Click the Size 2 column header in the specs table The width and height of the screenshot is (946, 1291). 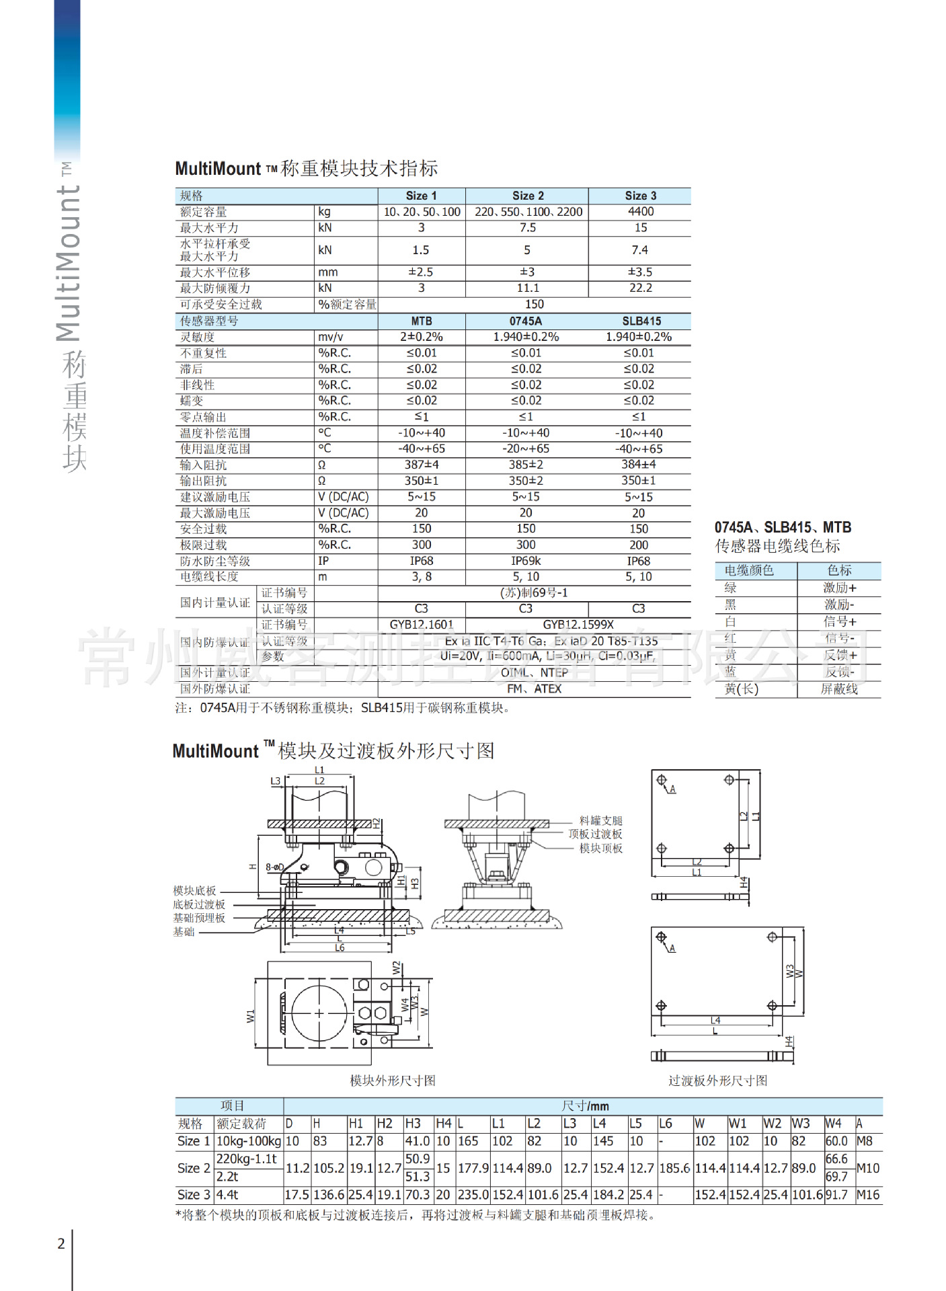click(528, 196)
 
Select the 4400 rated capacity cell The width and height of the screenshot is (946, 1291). click(640, 212)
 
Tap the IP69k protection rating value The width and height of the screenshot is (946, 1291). click(526, 561)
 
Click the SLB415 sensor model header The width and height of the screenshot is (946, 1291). click(641, 321)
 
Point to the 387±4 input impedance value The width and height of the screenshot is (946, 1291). click(422, 465)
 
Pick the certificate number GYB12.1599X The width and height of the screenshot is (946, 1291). click(578, 625)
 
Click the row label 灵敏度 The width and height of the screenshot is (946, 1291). click(197, 337)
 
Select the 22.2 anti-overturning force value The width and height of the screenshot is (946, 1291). click(640, 288)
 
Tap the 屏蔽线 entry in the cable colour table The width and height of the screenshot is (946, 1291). click(839, 689)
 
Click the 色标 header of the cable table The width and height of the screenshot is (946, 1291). click(839, 570)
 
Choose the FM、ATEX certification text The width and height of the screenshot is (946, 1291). click(534, 689)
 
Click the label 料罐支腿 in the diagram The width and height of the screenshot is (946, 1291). click(601, 820)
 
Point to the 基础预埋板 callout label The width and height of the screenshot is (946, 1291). click(199, 918)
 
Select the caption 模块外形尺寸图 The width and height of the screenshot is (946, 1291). click(393, 1081)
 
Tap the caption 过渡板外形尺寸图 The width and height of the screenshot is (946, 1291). click(717, 1081)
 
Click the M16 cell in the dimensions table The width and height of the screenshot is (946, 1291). click(868, 1195)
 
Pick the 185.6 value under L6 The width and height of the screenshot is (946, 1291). click(674, 1168)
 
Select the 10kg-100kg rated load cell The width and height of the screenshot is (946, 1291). click(248, 1141)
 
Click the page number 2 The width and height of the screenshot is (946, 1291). click(61, 1243)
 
